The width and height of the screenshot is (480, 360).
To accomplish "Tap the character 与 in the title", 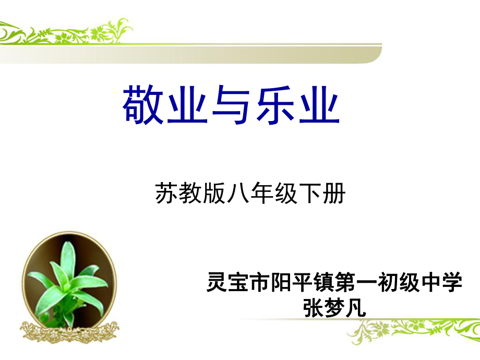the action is coord(231,105).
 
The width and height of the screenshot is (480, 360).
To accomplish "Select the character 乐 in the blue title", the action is coord(274,105).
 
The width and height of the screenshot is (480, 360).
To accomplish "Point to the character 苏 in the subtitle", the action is coord(166,193).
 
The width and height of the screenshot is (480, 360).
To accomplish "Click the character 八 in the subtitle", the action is coord(238,193).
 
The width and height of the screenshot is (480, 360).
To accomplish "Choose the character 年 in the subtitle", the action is coord(262,193).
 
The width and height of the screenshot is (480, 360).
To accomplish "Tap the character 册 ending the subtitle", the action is coord(334,193).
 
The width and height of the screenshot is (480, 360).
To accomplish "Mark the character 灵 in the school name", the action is coord(217,282).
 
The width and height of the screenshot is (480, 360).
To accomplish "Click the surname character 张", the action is coord(313,308).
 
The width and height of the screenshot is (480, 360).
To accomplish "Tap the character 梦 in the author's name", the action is coord(334,308).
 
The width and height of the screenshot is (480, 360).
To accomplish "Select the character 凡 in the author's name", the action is coord(356,308).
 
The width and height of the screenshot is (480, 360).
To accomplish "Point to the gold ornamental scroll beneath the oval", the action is coord(69,332).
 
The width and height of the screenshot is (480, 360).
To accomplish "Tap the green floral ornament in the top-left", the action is coord(66,32).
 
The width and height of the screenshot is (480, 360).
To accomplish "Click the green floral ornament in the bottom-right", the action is coord(413,331).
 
